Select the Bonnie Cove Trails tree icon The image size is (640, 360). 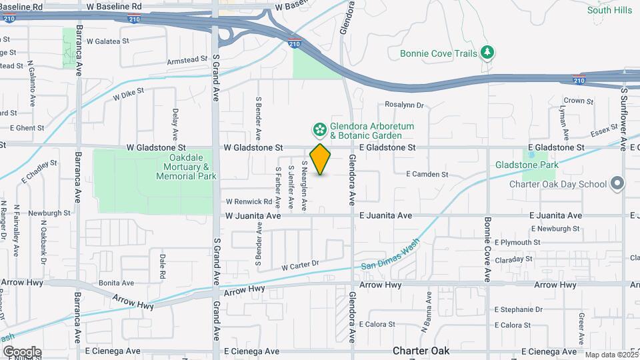(488, 53)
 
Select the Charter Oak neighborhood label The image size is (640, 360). (420, 350)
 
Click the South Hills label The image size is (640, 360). (609, 10)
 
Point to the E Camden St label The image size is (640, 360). (427, 174)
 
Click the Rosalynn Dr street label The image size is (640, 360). (405, 105)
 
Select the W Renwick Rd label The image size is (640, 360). (249, 201)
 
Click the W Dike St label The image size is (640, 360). (129, 96)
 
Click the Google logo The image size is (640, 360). (21, 351)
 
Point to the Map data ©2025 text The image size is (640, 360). (611, 355)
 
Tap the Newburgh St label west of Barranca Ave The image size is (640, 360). (49, 213)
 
